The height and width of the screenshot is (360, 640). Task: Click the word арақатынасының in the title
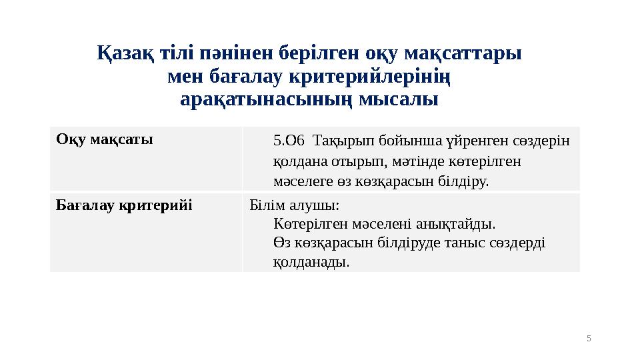click(x=267, y=101)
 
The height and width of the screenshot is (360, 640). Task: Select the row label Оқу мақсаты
click(x=105, y=139)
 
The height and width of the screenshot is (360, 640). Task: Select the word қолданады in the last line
click(x=311, y=262)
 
